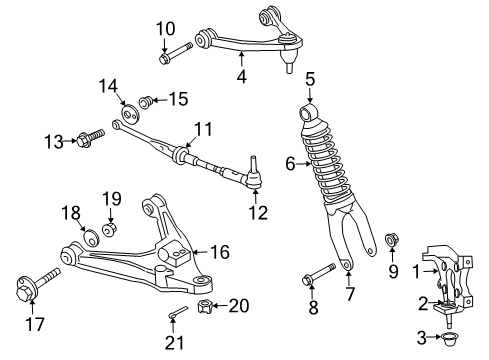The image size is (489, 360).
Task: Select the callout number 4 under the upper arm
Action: (241, 75)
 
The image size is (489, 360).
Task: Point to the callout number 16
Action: (218, 253)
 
